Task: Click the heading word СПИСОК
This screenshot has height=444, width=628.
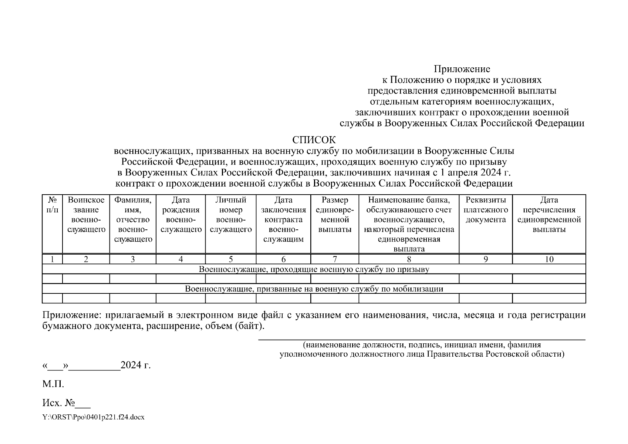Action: point(314,140)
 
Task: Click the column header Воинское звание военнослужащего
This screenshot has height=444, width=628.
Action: point(86,215)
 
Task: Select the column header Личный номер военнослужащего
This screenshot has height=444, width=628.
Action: point(231,215)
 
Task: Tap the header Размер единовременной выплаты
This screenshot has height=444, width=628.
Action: point(335,215)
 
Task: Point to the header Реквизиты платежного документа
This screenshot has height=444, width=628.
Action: point(486,210)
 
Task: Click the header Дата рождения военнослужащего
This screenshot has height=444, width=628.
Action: point(180,215)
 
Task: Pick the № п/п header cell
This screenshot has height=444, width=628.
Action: point(53,205)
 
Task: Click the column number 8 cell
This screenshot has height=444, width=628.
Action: point(409,259)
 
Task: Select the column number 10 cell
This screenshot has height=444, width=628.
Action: point(549,259)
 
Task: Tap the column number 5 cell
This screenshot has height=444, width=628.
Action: point(231,259)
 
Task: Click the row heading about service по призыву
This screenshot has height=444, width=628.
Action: point(314,269)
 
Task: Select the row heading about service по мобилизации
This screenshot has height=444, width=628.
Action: point(314,289)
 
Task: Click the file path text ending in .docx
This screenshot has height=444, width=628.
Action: point(93,417)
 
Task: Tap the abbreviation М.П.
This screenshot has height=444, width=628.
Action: point(53,384)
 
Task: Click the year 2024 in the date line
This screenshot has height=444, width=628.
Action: point(131,366)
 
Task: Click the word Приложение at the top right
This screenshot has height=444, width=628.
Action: point(462,69)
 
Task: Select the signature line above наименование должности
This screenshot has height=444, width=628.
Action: point(422,339)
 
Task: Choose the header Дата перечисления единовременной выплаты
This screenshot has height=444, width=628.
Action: point(549,215)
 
